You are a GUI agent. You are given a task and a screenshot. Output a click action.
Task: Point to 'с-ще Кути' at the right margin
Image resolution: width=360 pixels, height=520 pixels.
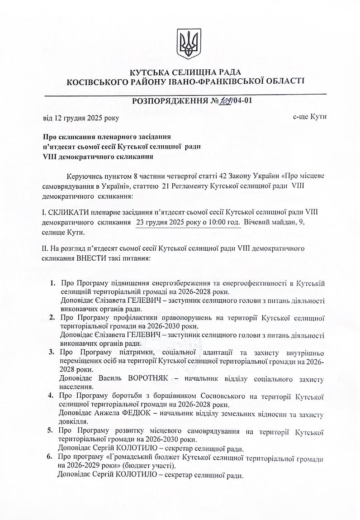pos(309,117)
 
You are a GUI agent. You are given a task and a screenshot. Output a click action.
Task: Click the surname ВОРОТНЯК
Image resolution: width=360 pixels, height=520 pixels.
pos(149,378)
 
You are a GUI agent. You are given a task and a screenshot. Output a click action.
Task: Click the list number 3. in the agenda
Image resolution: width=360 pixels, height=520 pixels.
pos(51,352)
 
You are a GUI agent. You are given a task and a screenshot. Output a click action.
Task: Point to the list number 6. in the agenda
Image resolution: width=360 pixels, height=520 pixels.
pos(51,458)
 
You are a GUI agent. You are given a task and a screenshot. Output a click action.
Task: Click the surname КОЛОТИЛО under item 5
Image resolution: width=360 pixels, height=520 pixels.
pos(136,449)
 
